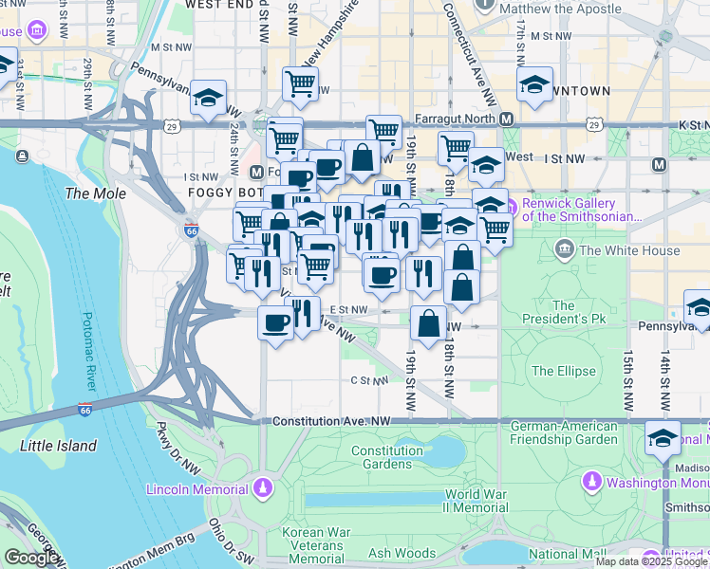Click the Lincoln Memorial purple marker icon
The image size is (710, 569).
click(x=263, y=489)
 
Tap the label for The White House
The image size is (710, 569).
click(x=629, y=250)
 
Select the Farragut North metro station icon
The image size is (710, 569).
click(x=507, y=119)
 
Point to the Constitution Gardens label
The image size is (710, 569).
click(x=400, y=458)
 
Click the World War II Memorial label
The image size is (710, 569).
click(x=476, y=501)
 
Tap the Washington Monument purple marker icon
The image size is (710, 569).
click(x=592, y=482)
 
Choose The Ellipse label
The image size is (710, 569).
click(x=564, y=371)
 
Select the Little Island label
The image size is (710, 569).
click(x=59, y=445)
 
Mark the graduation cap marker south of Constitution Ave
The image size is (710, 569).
click(x=663, y=438)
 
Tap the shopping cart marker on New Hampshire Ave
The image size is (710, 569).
click(x=301, y=83)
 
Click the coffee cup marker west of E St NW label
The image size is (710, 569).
click(x=276, y=321)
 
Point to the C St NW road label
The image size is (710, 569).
click(x=369, y=380)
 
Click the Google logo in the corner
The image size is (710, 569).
click(x=31, y=558)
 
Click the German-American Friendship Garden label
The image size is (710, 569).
click(x=564, y=432)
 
